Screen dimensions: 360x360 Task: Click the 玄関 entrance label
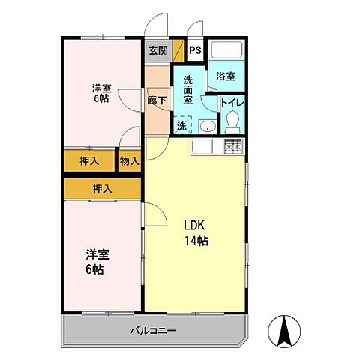(x=157, y=51)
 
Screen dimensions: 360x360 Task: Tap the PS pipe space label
(x=195, y=51)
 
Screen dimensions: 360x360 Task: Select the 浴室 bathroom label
(x=226, y=76)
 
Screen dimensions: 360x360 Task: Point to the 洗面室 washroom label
(x=188, y=88)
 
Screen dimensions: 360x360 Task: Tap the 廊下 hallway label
(x=157, y=97)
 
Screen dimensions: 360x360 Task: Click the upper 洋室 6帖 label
(x=100, y=92)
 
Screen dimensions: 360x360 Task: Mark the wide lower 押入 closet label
(x=102, y=189)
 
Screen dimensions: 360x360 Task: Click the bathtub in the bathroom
(x=226, y=52)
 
